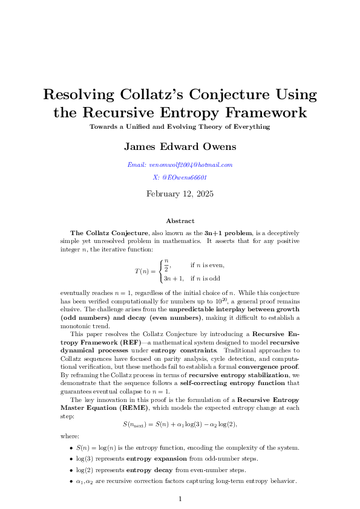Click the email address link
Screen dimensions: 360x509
pyautogui.click(x=180, y=164)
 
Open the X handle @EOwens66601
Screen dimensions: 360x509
pyautogui.click(x=180, y=178)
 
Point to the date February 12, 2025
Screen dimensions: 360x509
pyautogui.click(x=180, y=194)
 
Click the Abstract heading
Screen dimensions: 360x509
pyautogui.click(x=180, y=221)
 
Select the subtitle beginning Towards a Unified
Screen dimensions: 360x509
pyautogui.click(x=180, y=127)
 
